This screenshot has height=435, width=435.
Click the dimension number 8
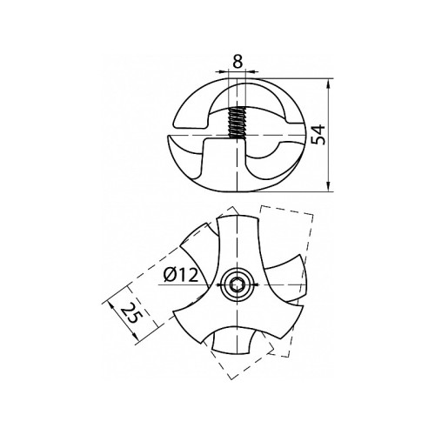pos(238,62)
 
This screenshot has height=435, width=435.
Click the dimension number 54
pos(318,135)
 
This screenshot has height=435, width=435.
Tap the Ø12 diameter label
pos(181,275)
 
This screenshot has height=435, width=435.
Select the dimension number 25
pos(130,313)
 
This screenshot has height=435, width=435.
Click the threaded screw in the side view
pos(237,123)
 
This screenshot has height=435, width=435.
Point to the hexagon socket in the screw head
pos(238,285)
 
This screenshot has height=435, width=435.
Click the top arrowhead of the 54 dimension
pos(329,84)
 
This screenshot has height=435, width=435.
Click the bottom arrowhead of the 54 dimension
pos(329,186)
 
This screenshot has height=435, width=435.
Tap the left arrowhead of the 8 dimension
pos(223,70)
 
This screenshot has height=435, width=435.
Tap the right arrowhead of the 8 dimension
pos(251,70)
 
